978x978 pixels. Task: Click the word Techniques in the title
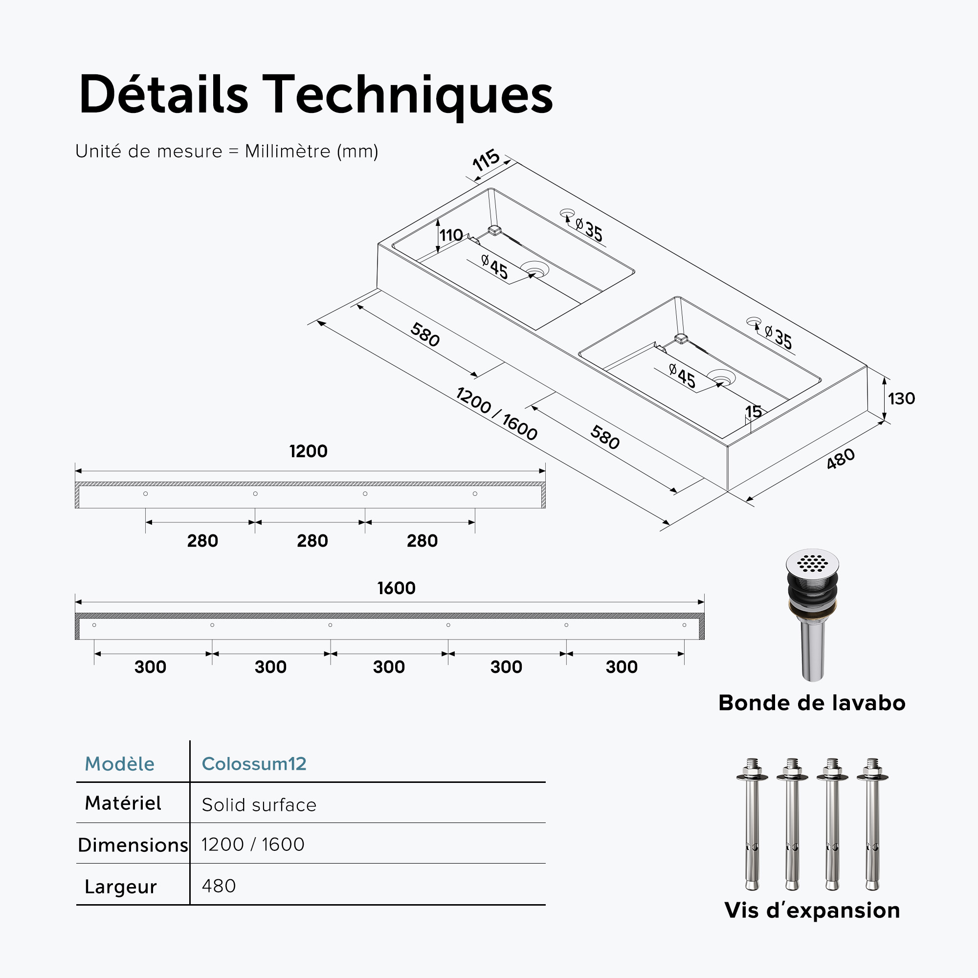[x=407, y=95]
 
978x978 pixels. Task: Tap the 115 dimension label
[x=486, y=160]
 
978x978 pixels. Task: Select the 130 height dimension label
[x=902, y=399]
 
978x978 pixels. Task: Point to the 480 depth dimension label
[x=840, y=459]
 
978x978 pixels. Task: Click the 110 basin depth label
[x=451, y=235]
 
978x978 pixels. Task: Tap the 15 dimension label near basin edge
[x=753, y=412]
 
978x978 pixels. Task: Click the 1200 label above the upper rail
[x=308, y=451]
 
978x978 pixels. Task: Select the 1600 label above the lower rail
[x=397, y=588]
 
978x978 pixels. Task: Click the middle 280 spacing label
[x=312, y=541]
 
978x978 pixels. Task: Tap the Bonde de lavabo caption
[x=812, y=703]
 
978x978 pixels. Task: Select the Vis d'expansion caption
[x=812, y=910]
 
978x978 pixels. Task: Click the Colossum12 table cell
[x=254, y=763]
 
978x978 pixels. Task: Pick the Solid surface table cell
[x=259, y=805]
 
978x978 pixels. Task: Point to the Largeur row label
[x=120, y=887]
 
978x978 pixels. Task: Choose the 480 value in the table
[x=219, y=886]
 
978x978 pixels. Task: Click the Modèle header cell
[x=119, y=763]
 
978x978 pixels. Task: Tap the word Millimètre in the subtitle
[x=288, y=151]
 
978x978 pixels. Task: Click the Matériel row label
[x=123, y=803]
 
